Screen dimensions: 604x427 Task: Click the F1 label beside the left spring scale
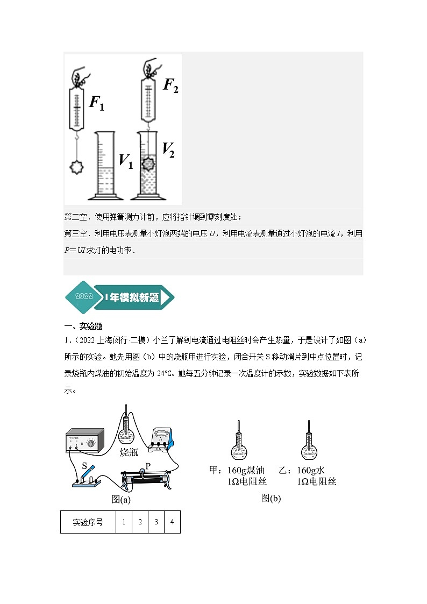[97, 103]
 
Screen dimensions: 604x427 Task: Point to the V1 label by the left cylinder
[125, 161]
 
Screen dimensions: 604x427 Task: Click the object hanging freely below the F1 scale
[78, 167]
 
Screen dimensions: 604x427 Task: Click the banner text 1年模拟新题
[132, 297]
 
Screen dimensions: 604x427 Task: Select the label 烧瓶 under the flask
[129, 452]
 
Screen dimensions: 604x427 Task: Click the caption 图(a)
[121, 499]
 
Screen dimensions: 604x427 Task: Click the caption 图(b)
[271, 498]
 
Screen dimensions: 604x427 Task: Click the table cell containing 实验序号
[88, 522]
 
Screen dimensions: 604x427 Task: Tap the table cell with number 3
[156, 522]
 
